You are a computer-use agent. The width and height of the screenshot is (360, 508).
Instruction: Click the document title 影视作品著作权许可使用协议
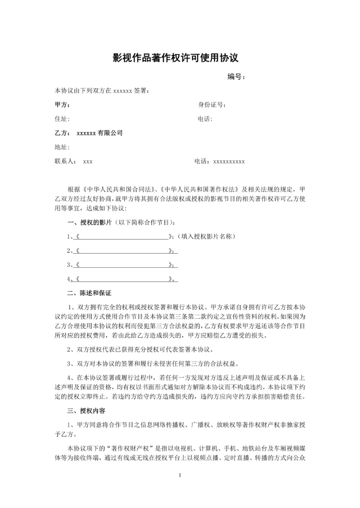[180, 58]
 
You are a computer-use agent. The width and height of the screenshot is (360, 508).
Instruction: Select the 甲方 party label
[61, 105]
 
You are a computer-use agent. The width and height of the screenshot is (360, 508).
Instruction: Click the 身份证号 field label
[211, 105]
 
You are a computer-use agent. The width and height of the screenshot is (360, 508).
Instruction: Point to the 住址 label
[61, 119]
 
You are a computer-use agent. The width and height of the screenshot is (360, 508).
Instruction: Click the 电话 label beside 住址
[205, 119]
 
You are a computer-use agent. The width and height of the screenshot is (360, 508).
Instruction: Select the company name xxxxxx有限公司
[99, 133]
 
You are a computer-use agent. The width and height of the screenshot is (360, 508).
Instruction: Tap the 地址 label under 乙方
[61, 147]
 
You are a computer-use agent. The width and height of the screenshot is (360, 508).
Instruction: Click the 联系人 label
[65, 161]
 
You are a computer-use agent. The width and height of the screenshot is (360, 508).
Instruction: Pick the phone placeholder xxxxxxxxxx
[229, 161]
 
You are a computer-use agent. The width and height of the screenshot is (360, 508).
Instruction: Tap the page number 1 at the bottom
[179, 476]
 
